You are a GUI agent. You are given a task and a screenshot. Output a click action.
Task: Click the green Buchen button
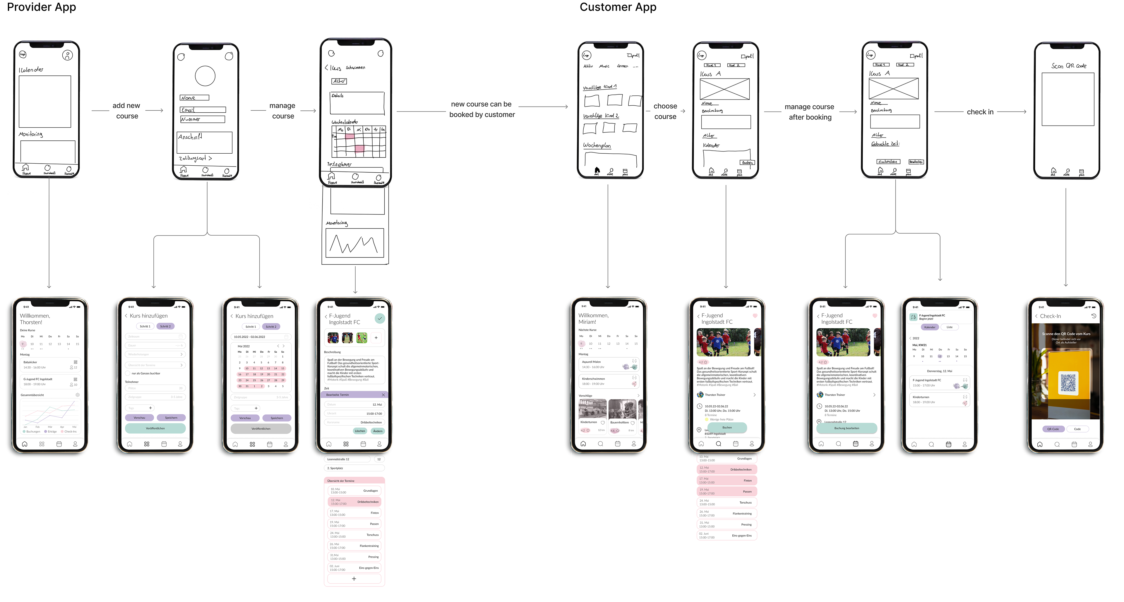(x=727, y=428)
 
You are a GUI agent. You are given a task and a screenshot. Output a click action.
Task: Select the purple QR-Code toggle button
(x=1053, y=429)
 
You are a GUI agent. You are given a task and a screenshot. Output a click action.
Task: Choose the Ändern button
(x=378, y=431)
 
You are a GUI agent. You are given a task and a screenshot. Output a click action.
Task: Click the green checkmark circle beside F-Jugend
(x=380, y=318)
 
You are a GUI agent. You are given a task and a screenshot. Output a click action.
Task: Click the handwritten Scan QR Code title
(x=1069, y=66)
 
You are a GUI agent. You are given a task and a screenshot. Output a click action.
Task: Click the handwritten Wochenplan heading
(x=597, y=145)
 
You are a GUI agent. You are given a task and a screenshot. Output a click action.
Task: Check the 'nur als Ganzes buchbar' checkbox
(x=128, y=373)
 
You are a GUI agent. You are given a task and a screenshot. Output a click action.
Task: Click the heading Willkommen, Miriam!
(x=593, y=318)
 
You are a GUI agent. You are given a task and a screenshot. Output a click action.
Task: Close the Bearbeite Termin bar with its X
(x=383, y=395)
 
